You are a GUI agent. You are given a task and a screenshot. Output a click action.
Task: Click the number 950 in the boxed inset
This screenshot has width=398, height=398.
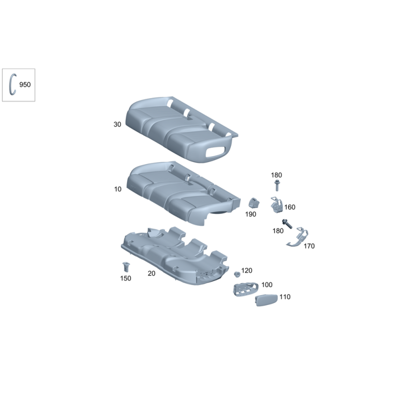click(x=25, y=85)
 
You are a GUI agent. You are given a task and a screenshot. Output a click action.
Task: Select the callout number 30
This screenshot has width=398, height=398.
click(x=117, y=124)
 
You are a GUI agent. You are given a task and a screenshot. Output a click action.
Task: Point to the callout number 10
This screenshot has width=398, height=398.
click(x=118, y=189)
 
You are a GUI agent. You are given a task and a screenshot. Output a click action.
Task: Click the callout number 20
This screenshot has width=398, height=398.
click(x=152, y=273)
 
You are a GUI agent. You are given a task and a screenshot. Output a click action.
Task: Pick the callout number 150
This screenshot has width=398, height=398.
click(x=126, y=279)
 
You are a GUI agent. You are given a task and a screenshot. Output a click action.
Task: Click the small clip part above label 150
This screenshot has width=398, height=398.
click(x=126, y=267)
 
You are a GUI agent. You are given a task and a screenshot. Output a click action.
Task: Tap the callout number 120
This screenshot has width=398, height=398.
click(x=247, y=271)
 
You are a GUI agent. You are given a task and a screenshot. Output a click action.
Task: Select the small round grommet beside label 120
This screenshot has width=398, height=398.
click(x=237, y=275)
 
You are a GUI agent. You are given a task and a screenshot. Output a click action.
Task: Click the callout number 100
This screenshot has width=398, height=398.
click(x=267, y=285)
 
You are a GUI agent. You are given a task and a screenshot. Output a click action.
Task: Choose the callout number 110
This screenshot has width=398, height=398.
click(x=285, y=297)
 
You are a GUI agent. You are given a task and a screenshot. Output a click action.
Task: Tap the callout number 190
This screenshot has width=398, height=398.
click(x=251, y=214)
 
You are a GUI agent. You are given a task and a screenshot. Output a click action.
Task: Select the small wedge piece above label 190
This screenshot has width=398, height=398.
click(x=254, y=203)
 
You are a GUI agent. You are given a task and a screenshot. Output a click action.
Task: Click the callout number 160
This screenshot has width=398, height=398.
click(x=290, y=207)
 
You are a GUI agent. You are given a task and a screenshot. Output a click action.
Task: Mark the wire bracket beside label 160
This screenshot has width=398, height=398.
click(x=277, y=205)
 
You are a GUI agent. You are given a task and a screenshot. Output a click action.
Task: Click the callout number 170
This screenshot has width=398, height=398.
click(x=309, y=246)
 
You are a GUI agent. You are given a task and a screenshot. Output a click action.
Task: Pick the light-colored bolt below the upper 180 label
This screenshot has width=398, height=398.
click(x=277, y=185)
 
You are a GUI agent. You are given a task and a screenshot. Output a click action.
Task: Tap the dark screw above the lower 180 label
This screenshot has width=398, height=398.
click(x=287, y=223)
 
